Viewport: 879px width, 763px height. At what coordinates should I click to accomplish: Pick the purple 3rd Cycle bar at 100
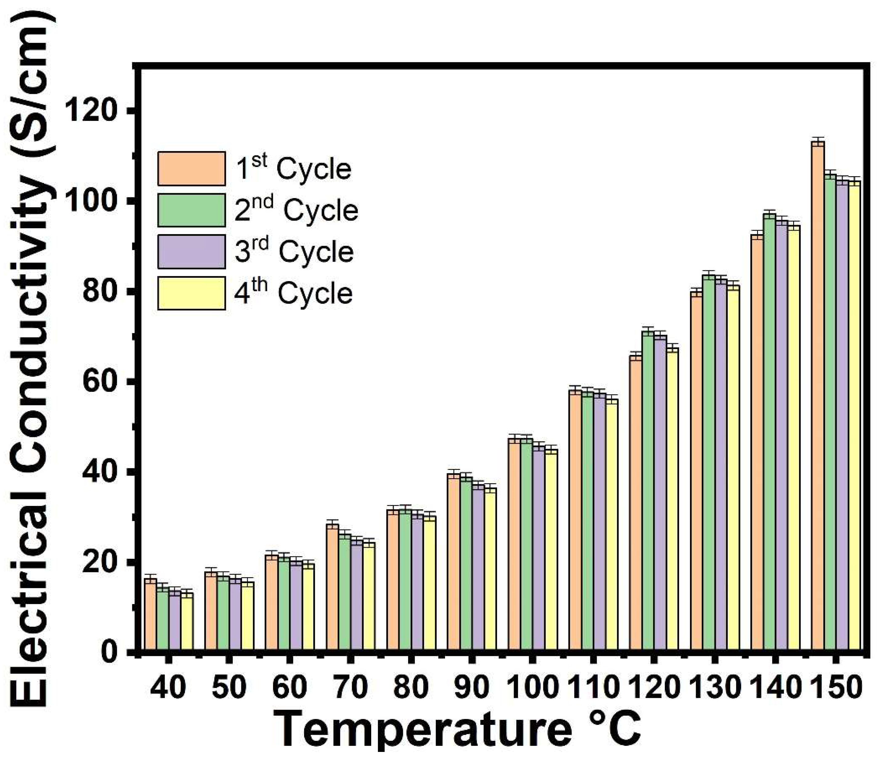point(539,549)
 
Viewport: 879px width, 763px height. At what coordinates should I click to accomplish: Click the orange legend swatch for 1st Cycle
point(191,169)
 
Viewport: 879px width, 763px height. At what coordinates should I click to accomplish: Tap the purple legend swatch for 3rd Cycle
point(191,252)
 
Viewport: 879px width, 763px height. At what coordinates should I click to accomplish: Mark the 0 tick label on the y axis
point(112,652)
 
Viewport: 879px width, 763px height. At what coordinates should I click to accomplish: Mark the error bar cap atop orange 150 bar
point(818,138)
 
